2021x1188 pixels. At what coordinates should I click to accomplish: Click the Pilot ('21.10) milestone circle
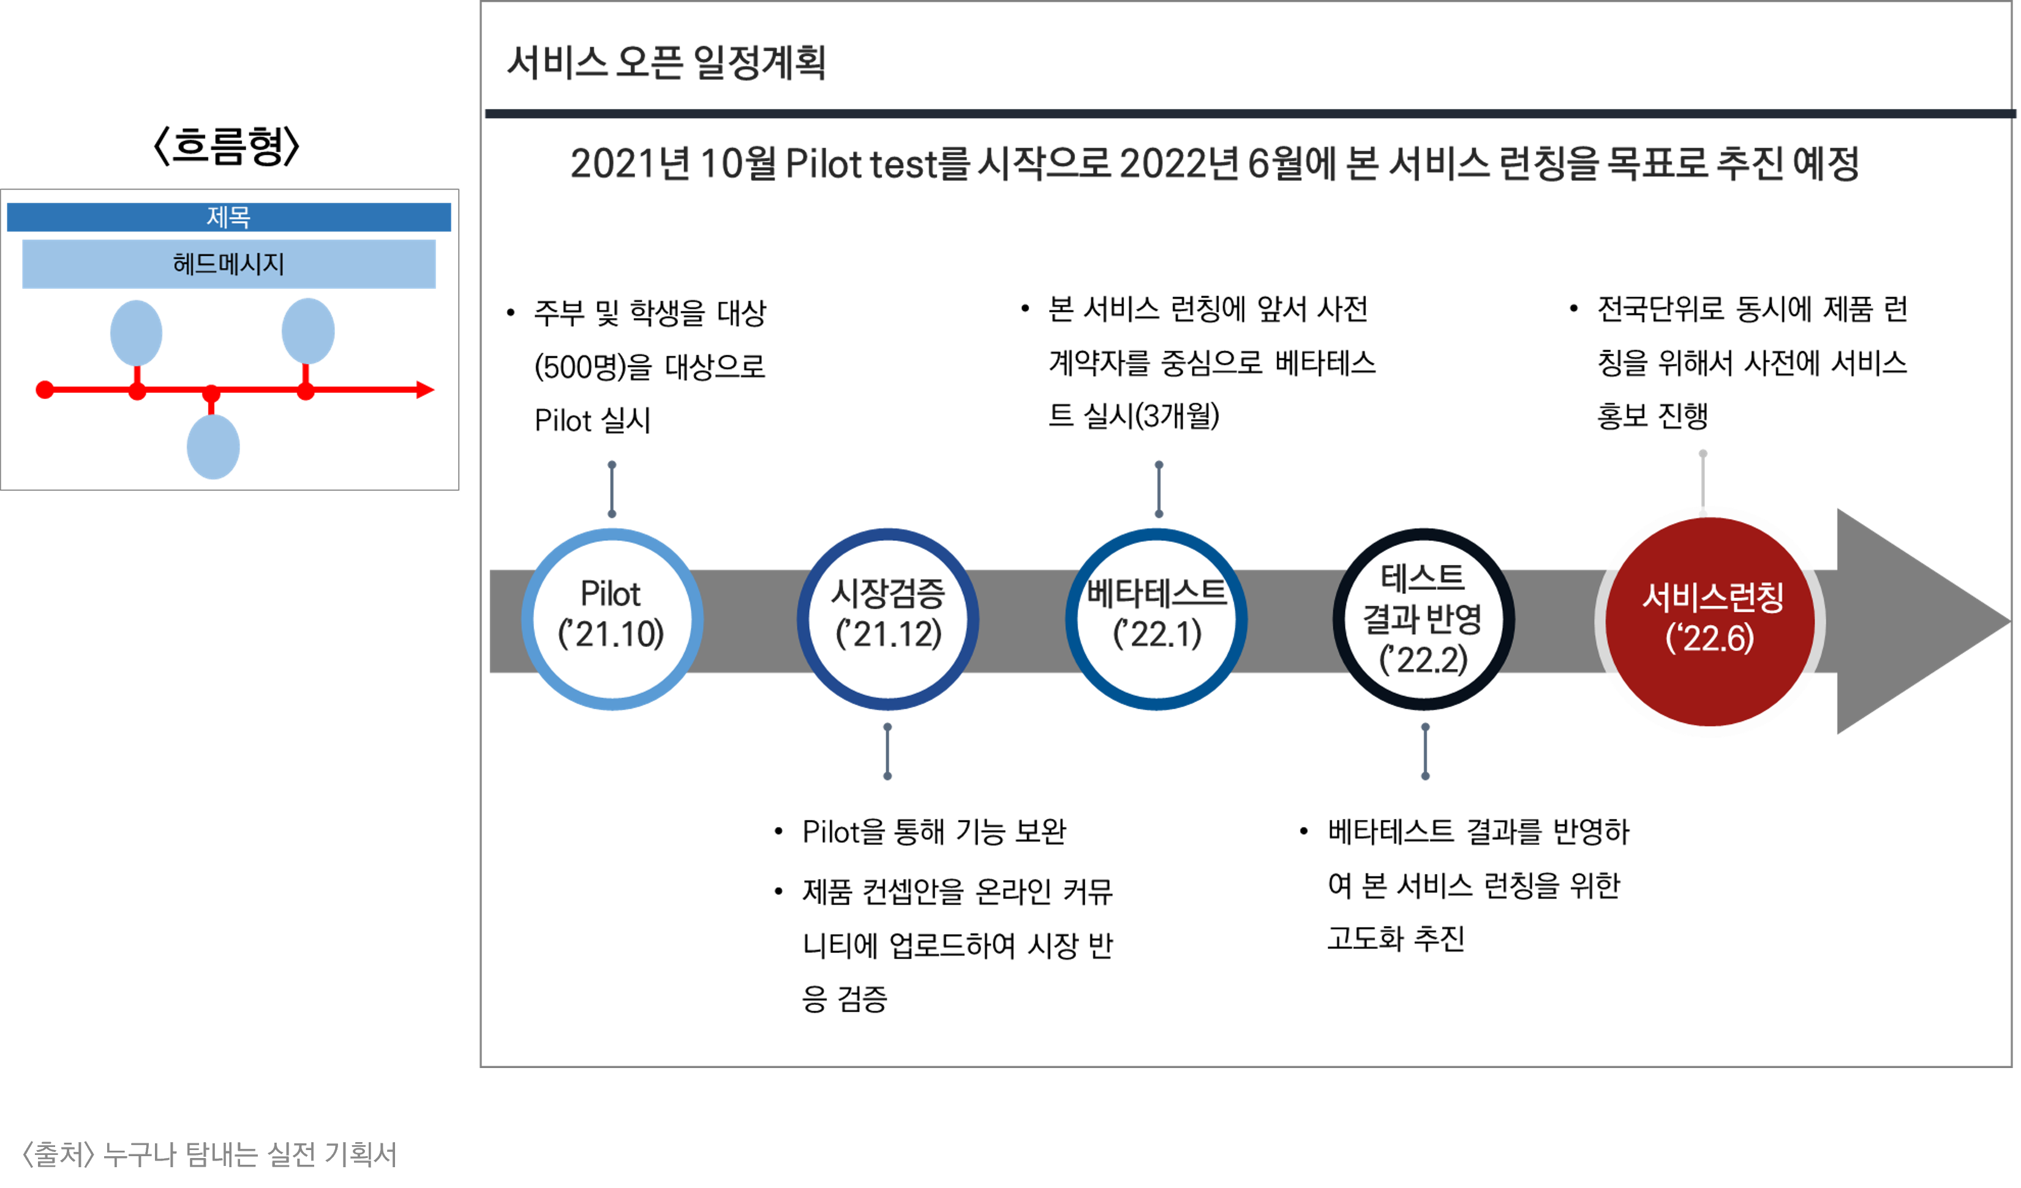click(x=612, y=619)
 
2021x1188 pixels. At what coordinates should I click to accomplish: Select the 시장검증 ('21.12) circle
click(x=888, y=619)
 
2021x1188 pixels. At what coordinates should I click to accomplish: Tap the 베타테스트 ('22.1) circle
click(x=1156, y=619)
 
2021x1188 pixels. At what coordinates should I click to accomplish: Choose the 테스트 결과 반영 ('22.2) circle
click(x=1423, y=619)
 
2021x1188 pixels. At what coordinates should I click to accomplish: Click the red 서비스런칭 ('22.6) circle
click(x=1710, y=621)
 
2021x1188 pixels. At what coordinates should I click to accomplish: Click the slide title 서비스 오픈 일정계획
click(x=666, y=62)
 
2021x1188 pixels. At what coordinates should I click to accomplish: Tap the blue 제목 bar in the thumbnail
click(x=228, y=217)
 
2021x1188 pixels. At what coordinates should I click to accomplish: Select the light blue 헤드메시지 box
click(x=228, y=264)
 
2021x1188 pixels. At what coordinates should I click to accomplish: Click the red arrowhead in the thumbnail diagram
click(x=425, y=390)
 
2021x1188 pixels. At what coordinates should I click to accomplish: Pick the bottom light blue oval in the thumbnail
click(x=213, y=447)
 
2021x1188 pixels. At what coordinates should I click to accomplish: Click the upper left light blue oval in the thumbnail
click(x=137, y=333)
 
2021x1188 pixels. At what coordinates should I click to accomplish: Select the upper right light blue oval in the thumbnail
click(x=308, y=331)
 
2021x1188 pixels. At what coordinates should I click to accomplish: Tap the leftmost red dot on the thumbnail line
click(x=45, y=390)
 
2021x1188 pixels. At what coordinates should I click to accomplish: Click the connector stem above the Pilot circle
click(x=612, y=489)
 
